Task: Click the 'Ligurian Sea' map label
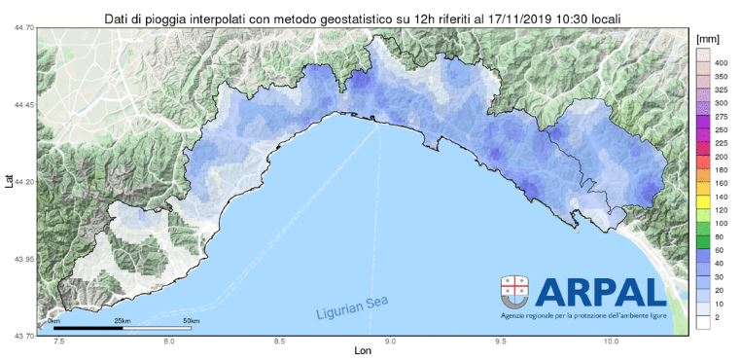click(x=352, y=308)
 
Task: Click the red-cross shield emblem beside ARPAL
click(x=514, y=289)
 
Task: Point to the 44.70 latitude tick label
click(x=23, y=28)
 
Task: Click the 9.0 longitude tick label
click(x=390, y=342)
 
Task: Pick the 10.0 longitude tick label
click(x=612, y=342)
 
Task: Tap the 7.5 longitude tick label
click(x=59, y=342)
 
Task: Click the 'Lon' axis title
click(x=363, y=352)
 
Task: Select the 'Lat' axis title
click(x=9, y=181)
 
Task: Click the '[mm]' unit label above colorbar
click(x=708, y=34)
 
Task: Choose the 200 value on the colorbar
click(x=722, y=156)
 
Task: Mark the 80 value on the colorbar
click(x=722, y=236)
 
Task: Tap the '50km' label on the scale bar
click(x=191, y=320)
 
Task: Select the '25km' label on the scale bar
click(x=122, y=320)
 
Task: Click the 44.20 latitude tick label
click(x=23, y=182)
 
